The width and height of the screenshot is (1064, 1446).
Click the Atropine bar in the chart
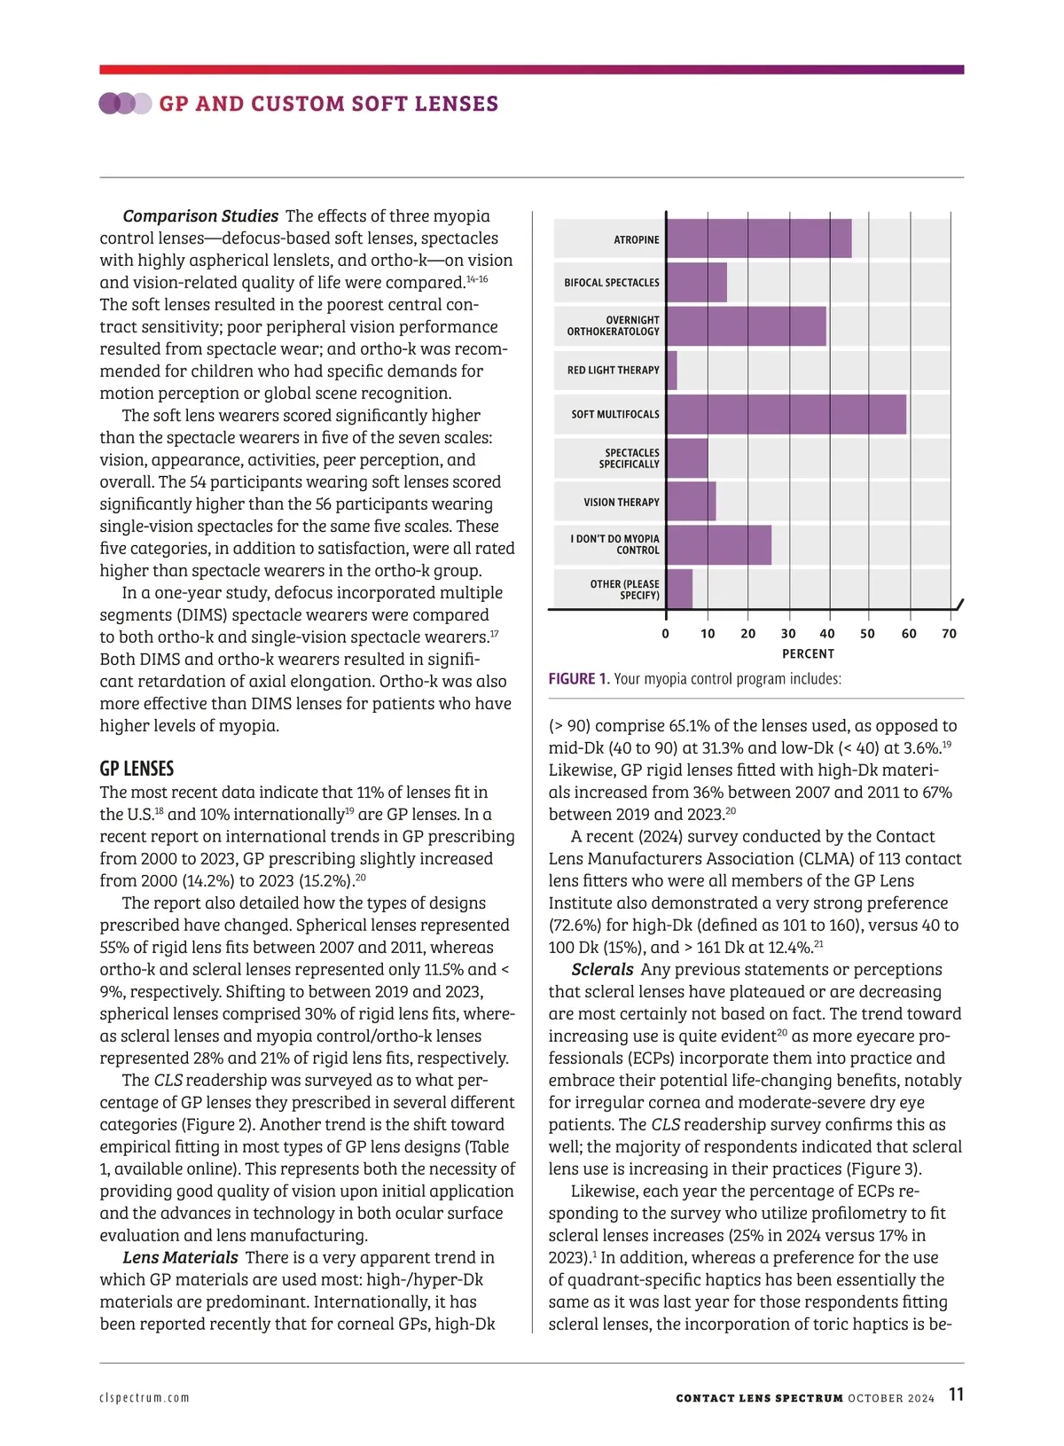pyautogui.click(x=758, y=239)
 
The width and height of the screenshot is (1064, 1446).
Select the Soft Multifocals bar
pyautogui.click(x=786, y=414)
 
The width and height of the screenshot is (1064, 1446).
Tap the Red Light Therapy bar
pyautogui.click(x=671, y=371)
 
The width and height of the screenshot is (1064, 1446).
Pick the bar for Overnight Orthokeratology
pyautogui.click(x=746, y=326)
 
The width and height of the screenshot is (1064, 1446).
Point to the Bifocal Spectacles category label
pyautogui.click(x=612, y=283)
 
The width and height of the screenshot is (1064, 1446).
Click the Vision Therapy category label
pyautogui.click(x=621, y=502)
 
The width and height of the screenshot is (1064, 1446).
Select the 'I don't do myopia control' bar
pyautogui.click(x=718, y=544)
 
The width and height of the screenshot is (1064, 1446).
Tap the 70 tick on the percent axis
pyautogui.click(x=949, y=634)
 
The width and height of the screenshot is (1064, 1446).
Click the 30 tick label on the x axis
pyautogui.click(x=788, y=634)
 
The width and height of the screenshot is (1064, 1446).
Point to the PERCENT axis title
pyautogui.click(x=808, y=654)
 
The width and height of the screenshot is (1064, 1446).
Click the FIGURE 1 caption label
pyautogui.click(x=579, y=679)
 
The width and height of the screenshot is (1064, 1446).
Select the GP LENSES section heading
pyautogui.click(x=137, y=769)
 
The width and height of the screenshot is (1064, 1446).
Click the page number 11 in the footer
pyautogui.click(x=956, y=1395)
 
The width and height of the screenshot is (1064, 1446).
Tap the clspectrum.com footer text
pyautogui.click(x=145, y=1398)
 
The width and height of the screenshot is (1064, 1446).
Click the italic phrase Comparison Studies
pyautogui.click(x=200, y=216)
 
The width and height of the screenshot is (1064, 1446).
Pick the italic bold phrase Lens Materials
pyautogui.click(x=180, y=1257)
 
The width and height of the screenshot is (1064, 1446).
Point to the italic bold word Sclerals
pyautogui.click(x=602, y=970)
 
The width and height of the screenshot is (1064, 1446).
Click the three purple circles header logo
pyautogui.click(x=125, y=104)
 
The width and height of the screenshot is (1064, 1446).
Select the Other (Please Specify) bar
pyautogui.click(x=679, y=589)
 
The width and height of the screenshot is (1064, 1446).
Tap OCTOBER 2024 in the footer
pyautogui.click(x=890, y=1398)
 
